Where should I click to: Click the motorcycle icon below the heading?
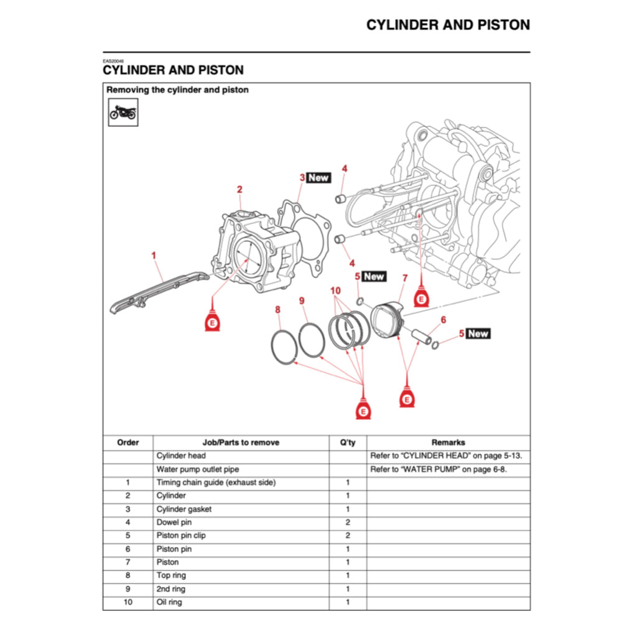pos(123,113)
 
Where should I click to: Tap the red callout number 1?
pos(154,255)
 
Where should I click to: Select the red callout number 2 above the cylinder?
pos(239,190)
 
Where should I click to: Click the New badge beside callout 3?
pos(318,178)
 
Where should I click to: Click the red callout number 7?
pos(405,278)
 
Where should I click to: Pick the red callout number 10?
pos(336,291)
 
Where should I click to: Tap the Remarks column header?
pos(448,443)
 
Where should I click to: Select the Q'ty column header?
pos(348,443)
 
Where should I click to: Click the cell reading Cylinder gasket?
pos(184,509)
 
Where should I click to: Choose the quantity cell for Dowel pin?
pos(348,523)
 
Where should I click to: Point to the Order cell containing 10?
pos(128,602)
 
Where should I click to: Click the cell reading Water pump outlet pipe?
pos(198,470)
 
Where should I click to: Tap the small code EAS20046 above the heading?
pos(114,61)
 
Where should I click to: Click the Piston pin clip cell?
pos(181,536)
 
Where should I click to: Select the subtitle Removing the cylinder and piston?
pos(177,90)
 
